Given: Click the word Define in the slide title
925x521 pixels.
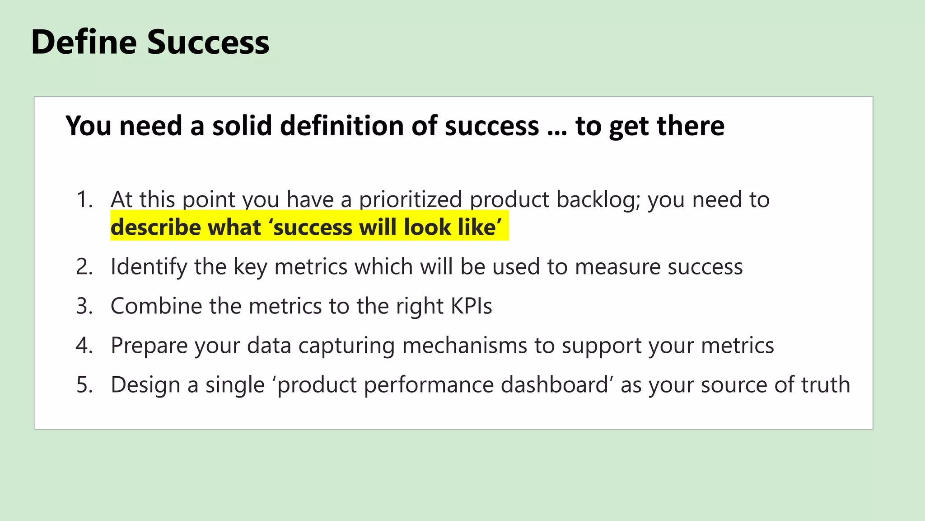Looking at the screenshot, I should (84, 42).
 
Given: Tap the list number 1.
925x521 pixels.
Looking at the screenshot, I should (84, 199).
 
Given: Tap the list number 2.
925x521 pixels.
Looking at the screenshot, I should (84, 266).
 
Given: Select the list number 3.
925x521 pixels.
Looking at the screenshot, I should (84, 306).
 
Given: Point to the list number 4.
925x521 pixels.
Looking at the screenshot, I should (84, 345).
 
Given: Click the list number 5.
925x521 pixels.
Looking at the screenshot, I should (84, 385).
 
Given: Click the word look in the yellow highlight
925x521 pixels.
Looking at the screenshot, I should (423, 227).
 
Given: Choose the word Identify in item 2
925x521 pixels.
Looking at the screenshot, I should (149, 266).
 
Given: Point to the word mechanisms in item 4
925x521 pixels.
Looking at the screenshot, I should (464, 345).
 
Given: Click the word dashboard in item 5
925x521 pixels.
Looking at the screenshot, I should (554, 385).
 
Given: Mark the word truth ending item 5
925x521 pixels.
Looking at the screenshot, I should (825, 385).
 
